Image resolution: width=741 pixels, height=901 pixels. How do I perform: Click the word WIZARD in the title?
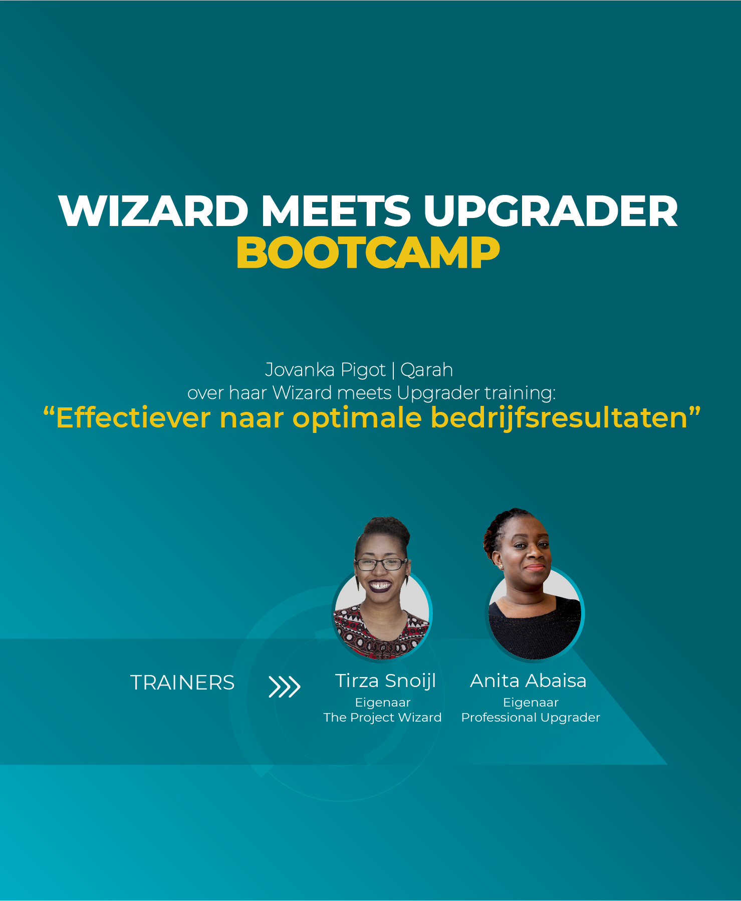click(153, 210)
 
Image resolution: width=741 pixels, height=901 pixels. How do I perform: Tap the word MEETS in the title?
click(336, 210)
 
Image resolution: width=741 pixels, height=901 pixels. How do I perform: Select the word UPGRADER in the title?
click(551, 210)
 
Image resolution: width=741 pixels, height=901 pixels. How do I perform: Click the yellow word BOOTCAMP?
click(368, 253)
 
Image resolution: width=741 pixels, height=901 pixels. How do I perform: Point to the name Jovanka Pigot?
click(325, 370)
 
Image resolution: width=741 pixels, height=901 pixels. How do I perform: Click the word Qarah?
click(426, 370)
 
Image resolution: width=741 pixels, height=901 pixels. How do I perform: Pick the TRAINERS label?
click(182, 683)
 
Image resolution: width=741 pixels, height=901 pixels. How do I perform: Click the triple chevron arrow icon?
click(285, 687)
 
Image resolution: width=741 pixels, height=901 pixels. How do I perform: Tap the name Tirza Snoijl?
click(385, 681)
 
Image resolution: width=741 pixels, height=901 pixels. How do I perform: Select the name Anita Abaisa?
click(528, 681)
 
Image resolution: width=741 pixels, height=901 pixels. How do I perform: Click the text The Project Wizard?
click(382, 718)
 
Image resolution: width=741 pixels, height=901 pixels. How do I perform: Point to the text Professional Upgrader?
click(531, 718)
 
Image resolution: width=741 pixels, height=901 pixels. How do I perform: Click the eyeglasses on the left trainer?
click(381, 564)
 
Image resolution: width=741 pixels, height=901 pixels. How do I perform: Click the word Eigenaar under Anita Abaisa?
click(531, 703)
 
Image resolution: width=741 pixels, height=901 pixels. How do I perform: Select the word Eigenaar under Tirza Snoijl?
click(383, 703)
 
